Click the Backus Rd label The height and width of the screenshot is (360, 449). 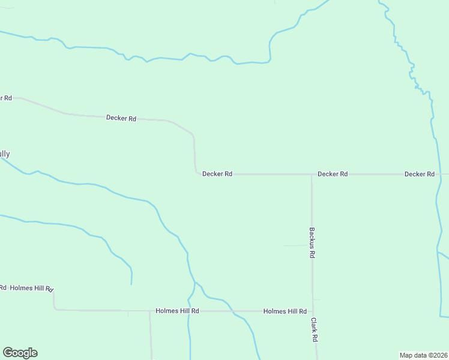click(x=312, y=242)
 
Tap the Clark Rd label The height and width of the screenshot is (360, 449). click(x=314, y=330)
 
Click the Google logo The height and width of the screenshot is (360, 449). click(x=20, y=353)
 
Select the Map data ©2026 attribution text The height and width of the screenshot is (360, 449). click(x=423, y=355)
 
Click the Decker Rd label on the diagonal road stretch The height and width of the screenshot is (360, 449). click(x=121, y=118)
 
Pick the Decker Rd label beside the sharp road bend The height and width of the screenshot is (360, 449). click(x=217, y=174)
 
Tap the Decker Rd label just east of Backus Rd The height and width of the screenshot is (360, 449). click(x=333, y=174)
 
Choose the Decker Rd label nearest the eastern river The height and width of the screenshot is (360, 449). click(x=419, y=174)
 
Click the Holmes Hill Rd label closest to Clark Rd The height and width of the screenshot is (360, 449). click(x=285, y=311)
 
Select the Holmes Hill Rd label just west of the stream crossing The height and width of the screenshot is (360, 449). click(x=177, y=311)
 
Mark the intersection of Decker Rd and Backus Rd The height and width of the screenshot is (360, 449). click(x=312, y=175)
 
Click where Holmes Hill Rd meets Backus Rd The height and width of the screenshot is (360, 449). click(x=313, y=311)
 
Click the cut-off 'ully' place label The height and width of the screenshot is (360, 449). click(x=4, y=154)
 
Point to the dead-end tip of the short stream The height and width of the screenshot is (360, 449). click(x=131, y=284)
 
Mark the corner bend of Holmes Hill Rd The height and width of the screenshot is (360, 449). click(x=55, y=309)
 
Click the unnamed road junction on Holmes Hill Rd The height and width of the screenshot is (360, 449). click(x=150, y=311)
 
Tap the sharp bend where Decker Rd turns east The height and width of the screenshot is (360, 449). click(x=196, y=173)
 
